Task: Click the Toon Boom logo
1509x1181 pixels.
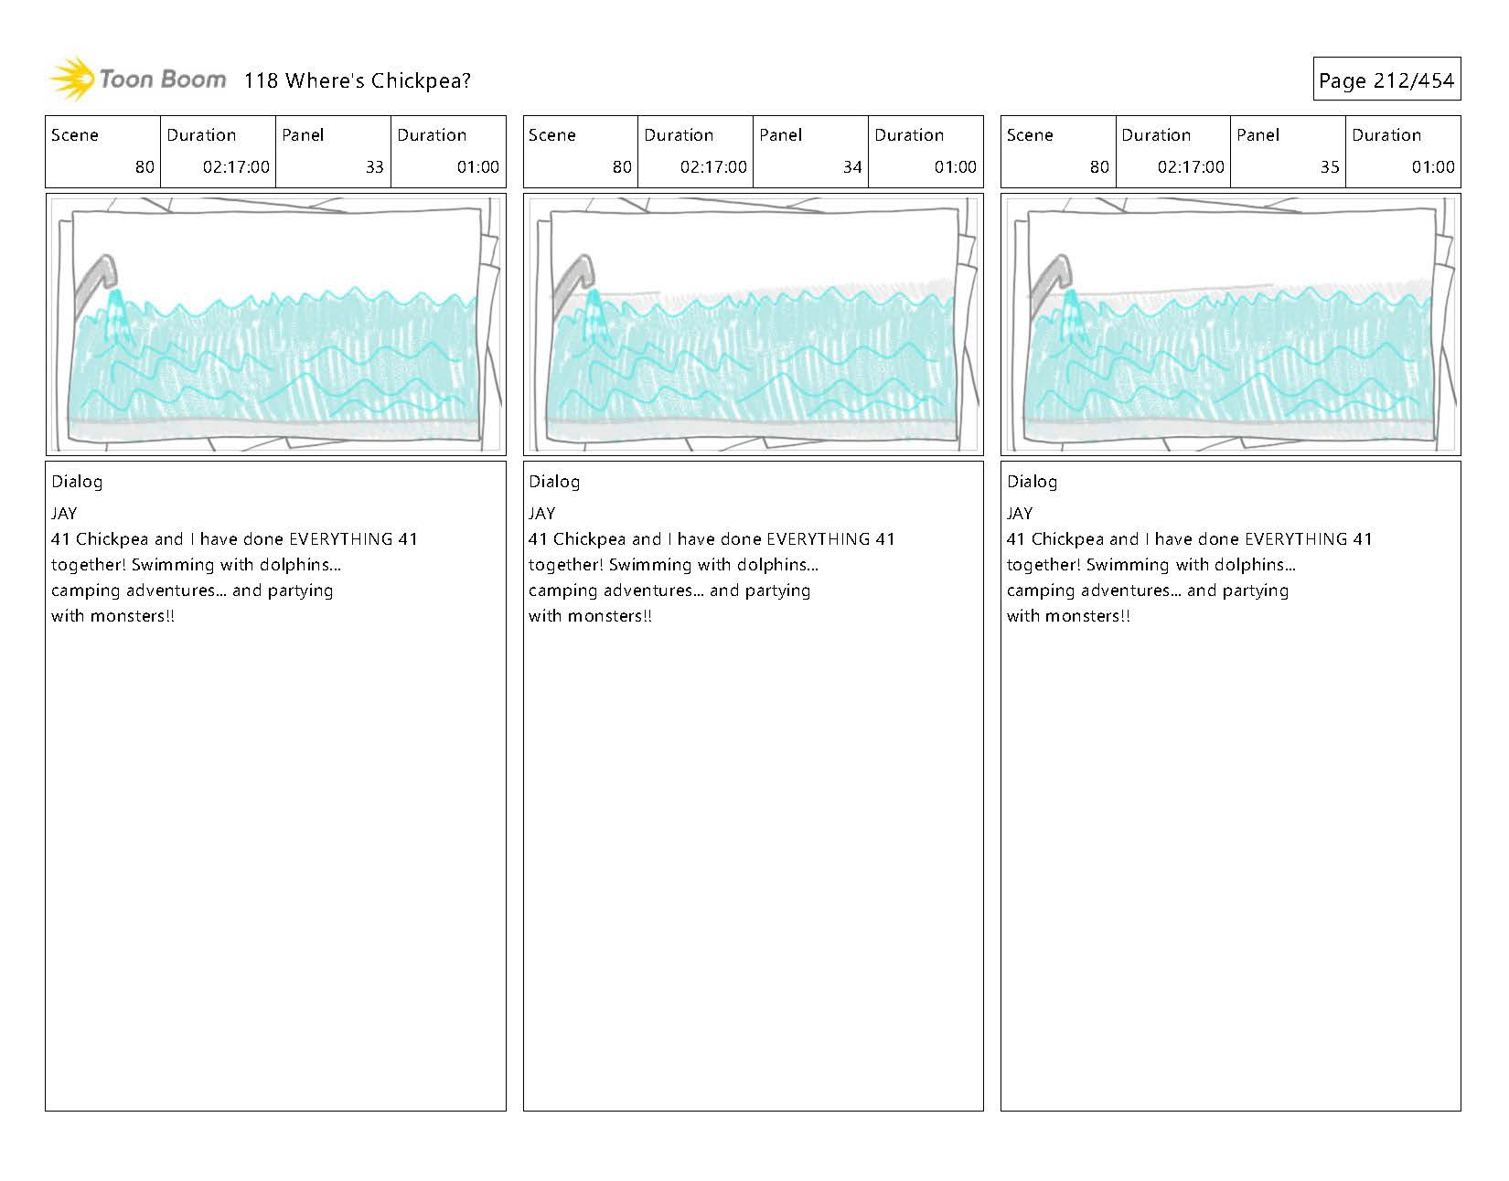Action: [x=137, y=80]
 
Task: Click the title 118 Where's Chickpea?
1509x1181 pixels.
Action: [x=357, y=80]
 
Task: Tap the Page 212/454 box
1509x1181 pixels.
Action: [x=1386, y=80]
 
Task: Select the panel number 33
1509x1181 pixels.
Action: [x=374, y=167]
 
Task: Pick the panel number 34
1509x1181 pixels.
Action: [x=851, y=167]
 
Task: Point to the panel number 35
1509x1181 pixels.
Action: [x=1329, y=167]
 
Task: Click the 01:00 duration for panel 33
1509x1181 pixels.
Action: [x=477, y=167]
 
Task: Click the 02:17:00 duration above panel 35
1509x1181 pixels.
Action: [x=1190, y=167]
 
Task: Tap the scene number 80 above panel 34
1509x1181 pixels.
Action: [x=622, y=167]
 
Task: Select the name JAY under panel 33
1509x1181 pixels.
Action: [x=64, y=514]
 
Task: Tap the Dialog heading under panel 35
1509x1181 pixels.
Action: [x=1032, y=482]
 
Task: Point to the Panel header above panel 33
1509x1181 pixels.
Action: [x=303, y=135]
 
